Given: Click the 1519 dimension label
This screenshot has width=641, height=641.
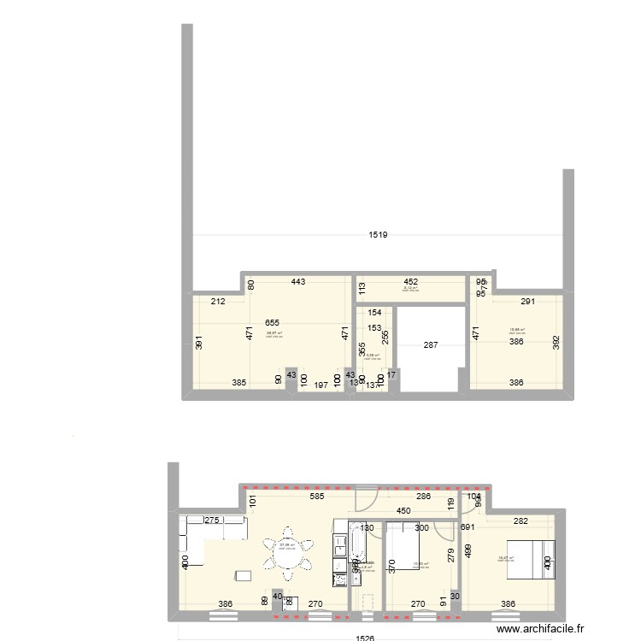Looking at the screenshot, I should pyautogui.click(x=378, y=235).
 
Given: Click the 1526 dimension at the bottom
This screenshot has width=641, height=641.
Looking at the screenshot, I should pyautogui.click(x=365, y=637).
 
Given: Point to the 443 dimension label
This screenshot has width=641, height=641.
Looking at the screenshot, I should pyautogui.click(x=297, y=281).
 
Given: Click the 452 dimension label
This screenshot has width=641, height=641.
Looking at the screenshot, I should pyautogui.click(x=411, y=281).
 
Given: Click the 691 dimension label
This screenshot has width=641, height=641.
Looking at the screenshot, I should pyautogui.click(x=467, y=528).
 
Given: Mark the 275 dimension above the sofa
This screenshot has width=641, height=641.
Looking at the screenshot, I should pyautogui.click(x=212, y=520).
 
